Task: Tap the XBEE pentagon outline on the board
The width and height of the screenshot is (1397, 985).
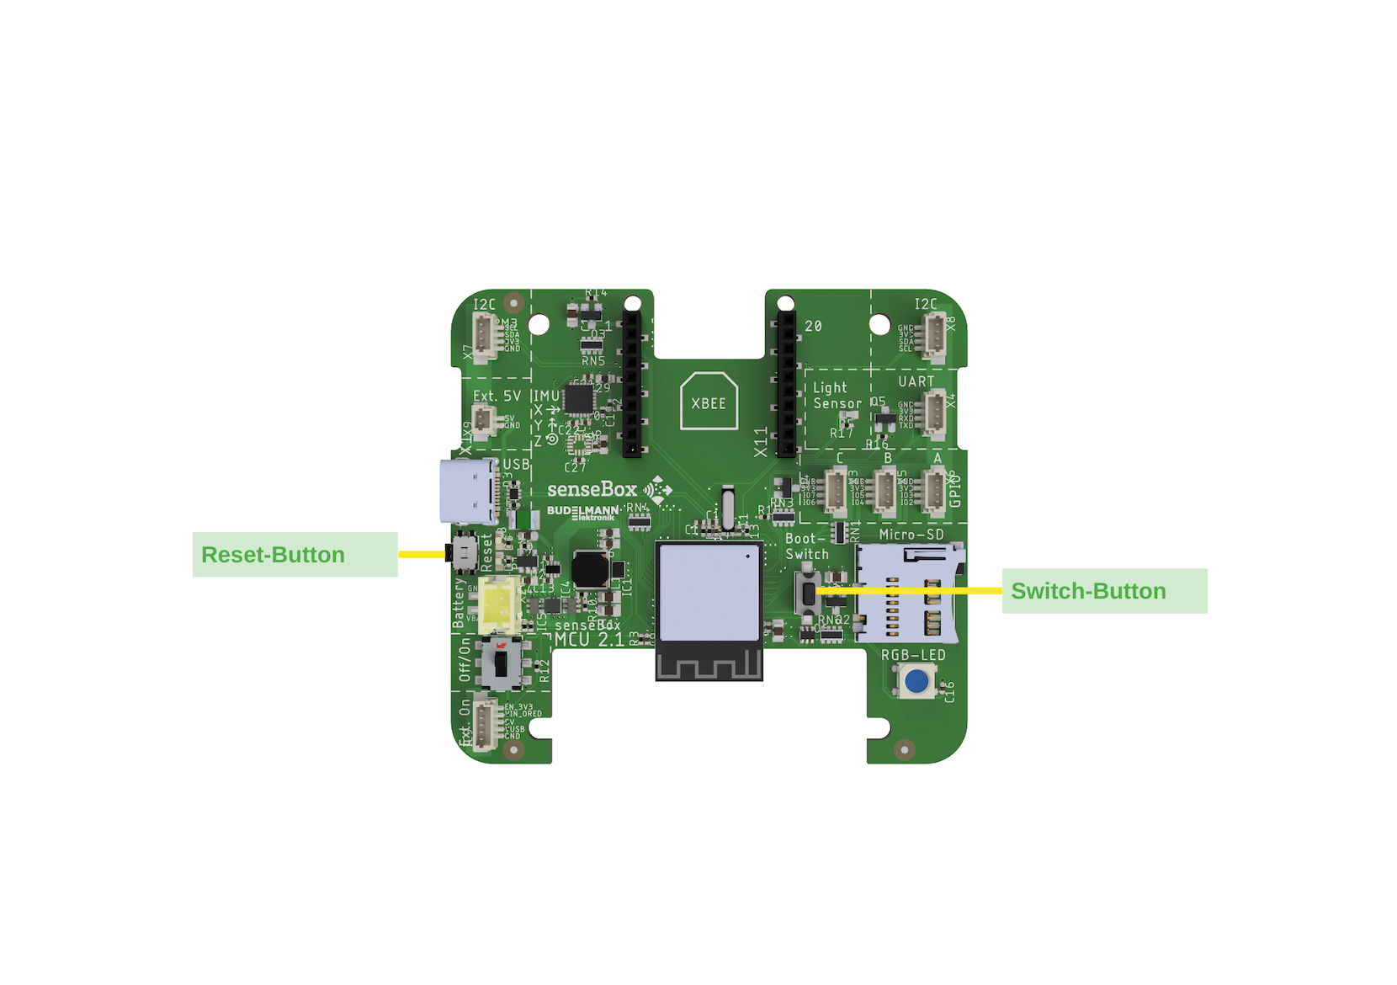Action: [x=709, y=402]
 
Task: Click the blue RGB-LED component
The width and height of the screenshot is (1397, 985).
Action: [x=916, y=680]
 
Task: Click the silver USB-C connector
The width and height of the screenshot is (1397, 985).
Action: [x=468, y=492]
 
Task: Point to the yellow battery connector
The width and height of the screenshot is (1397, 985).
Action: [x=497, y=603]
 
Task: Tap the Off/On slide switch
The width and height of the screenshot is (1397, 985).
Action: [x=502, y=663]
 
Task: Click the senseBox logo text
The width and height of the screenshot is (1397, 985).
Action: [x=592, y=489]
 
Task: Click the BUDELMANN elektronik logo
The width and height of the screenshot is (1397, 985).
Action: [x=582, y=512]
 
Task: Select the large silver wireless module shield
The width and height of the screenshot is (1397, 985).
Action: [x=709, y=592]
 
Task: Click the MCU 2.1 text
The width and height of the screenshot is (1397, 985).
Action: [x=589, y=639]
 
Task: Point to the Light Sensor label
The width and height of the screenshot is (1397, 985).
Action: [x=837, y=396]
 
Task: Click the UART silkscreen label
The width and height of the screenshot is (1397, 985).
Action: [x=916, y=381]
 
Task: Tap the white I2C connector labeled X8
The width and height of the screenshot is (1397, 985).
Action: [x=935, y=334]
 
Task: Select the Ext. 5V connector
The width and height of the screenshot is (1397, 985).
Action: [x=483, y=419]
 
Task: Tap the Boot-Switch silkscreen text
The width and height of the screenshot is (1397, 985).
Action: [x=806, y=546]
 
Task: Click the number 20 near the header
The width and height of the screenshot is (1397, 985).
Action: [x=813, y=326]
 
